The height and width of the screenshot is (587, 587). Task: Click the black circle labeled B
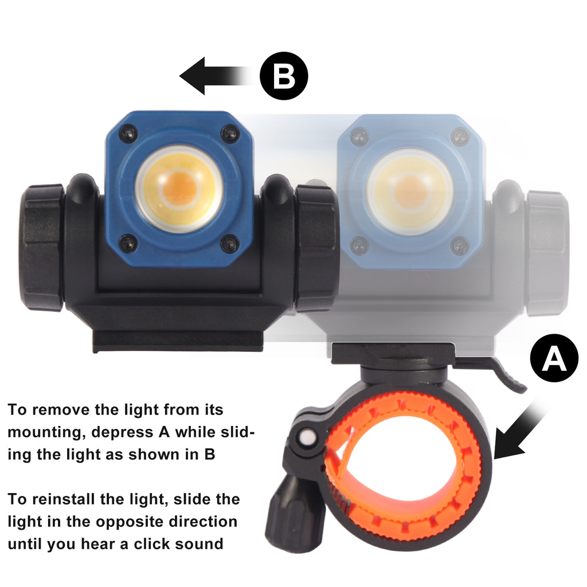pyautogui.click(x=284, y=76)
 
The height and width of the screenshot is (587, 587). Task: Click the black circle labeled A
pyautogui.click(x=554, y=358)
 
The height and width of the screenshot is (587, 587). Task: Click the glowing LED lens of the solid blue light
pyautogui.click(x=179, y=189)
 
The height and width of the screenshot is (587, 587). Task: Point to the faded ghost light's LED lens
pyautogui.click(x=410, y=191)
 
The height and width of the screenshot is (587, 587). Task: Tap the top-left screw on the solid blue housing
pyautogui.click(x=128, y=134)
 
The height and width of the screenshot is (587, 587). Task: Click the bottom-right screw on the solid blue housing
pyautogui.click(x=229, y=244)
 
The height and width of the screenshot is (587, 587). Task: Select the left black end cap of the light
pyautogui.click(x=41, y=247)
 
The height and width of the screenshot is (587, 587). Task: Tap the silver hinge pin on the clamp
pyautogui.click(x=307, y=437)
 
